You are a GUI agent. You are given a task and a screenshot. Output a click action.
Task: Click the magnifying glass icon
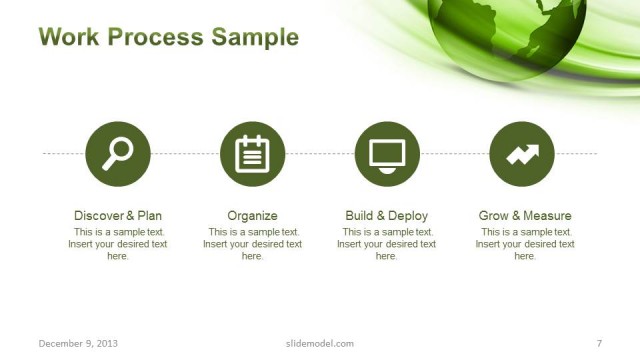coord(118,153)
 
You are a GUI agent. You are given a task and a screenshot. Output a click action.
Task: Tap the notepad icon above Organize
coord(252,153)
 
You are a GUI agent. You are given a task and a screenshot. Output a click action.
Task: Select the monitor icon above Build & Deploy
coord(387,153)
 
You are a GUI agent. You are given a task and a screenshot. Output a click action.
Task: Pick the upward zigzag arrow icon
coord(522,153)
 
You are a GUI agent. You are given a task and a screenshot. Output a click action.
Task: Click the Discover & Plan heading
coord(118,215)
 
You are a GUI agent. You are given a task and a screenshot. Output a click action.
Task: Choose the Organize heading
coord(252,215)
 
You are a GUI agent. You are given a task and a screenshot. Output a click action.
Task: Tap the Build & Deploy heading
coord(387,215)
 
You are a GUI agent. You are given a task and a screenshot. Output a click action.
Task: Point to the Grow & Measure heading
coord(525,215)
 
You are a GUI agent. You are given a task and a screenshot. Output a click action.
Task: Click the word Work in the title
coord(69,38)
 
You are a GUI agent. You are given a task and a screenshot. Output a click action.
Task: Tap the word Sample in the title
coord(255,38)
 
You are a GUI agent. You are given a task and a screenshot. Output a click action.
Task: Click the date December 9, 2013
coord(78,343)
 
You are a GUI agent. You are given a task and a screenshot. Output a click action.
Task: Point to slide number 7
coord(598,343)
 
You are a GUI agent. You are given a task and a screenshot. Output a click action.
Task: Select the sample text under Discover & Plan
coord(118,243)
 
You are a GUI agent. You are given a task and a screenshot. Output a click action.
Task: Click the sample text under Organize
coord(252,243)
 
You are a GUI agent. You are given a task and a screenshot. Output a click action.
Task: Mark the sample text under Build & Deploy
coord(387,243)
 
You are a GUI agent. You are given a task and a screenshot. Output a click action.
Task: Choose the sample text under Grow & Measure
coord(525,243)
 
